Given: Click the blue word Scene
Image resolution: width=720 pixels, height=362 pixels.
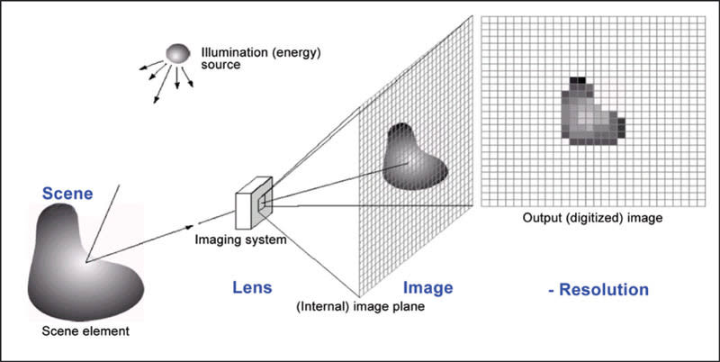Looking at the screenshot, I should (68, 193).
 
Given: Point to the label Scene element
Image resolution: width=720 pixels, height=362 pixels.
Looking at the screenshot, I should (85, 331).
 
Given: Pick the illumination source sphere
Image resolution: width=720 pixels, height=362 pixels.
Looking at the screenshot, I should (178, 53).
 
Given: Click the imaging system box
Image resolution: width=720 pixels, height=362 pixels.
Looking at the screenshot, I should (250, 208).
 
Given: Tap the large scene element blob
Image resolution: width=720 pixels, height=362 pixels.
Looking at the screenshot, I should (81, 261).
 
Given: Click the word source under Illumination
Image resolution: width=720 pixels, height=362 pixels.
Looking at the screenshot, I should (219, 66).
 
